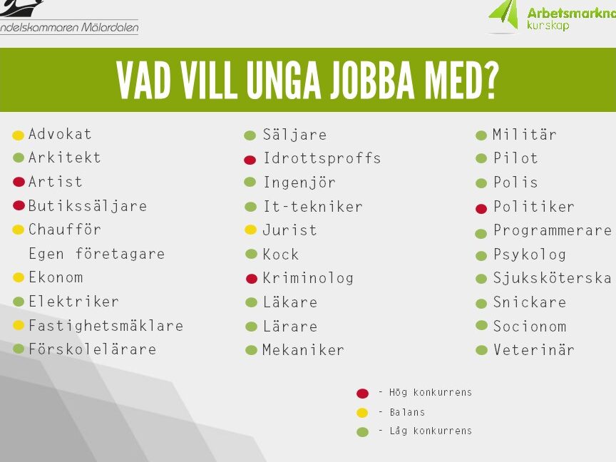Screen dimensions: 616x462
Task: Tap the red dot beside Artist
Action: pos(19,182)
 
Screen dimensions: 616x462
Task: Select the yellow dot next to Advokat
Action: pos(18,135)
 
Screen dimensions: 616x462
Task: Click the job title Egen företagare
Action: pos(97,254)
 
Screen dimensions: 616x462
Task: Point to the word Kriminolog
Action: pos(308,278)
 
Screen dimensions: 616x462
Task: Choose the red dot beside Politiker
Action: pos(481,209)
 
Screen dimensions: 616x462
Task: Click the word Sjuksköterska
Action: pos(552,278)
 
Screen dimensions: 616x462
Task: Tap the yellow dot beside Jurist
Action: pos(251,230)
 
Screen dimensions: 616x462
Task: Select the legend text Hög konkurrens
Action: pos(431,392)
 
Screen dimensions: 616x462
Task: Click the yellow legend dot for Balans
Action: pos(362,413)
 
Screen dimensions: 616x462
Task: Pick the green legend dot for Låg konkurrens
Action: pos(363,432)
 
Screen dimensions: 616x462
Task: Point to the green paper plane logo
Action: pos(504,16)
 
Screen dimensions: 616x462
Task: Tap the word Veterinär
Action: pos(534,349)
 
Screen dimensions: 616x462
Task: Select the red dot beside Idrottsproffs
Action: pos(250,160)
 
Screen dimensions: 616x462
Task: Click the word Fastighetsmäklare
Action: pos(106,325)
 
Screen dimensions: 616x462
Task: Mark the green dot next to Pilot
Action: pos(481,159)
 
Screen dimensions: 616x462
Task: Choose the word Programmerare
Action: pos(553,230)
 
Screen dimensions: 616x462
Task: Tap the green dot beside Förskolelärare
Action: pos(19,349)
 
